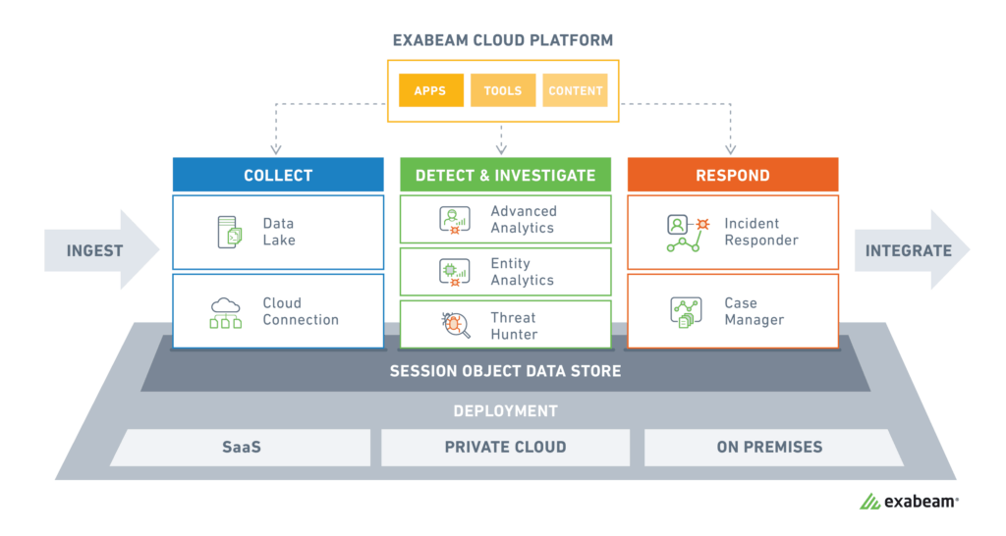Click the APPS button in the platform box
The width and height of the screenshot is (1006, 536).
tap(429, 90)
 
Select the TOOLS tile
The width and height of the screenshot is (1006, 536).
tap(503, 90)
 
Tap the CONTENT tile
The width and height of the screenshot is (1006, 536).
tap(576, 90)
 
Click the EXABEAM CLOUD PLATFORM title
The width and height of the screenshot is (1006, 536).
tap(503, 40)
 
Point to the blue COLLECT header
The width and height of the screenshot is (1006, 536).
tap(278, 176)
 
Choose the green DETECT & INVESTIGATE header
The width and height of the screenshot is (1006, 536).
tap(505, 176)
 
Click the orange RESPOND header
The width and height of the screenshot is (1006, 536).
tap(732, 176)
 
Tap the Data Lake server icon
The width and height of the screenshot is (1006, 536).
tap(229, 232)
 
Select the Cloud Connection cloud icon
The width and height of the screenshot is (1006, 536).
tap(226, 312)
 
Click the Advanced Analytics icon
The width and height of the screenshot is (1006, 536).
tap(455, 220)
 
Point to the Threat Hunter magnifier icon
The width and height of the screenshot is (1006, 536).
tap(455, 325)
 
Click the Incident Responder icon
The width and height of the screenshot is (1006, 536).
tap(688, 233)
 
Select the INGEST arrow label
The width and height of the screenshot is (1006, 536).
tap(94, 250)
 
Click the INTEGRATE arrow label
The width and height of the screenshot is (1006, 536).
tap(908, 250)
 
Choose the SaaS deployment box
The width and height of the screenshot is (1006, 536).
tap(241, 447)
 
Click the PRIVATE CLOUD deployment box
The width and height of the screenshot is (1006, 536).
tap(505, 447)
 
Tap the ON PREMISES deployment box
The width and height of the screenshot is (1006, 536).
tap(769, 447)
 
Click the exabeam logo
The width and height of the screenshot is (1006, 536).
tap(909, 502)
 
